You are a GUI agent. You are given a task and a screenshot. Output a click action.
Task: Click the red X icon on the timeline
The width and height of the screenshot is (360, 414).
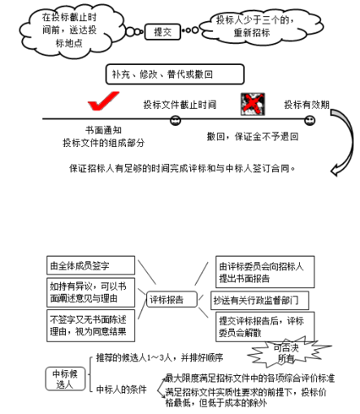pos(252,102)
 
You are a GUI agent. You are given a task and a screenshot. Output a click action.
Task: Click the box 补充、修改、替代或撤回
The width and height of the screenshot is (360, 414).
pos(174,75)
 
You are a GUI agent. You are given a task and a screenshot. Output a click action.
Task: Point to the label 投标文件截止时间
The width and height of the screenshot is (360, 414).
pos(180,104)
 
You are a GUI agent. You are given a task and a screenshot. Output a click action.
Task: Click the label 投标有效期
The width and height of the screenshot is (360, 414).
pos(306,105)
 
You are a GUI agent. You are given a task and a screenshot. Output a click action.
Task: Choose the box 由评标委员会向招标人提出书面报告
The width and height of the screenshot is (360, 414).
pos(261,272)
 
